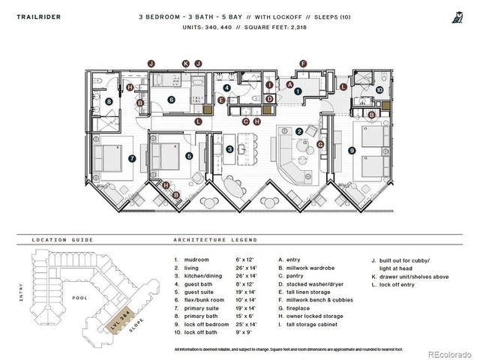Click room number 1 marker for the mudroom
point(298,91)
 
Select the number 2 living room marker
point(299,132)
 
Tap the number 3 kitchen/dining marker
point(229,149)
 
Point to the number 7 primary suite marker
point(132,158)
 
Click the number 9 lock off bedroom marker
point(352,151)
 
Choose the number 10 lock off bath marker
point(379,90)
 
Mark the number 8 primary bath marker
point(109,101)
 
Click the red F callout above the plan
point(303,64)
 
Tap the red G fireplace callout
point(320,144)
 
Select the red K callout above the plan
point(185,64)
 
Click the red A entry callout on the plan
point(289,85)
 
